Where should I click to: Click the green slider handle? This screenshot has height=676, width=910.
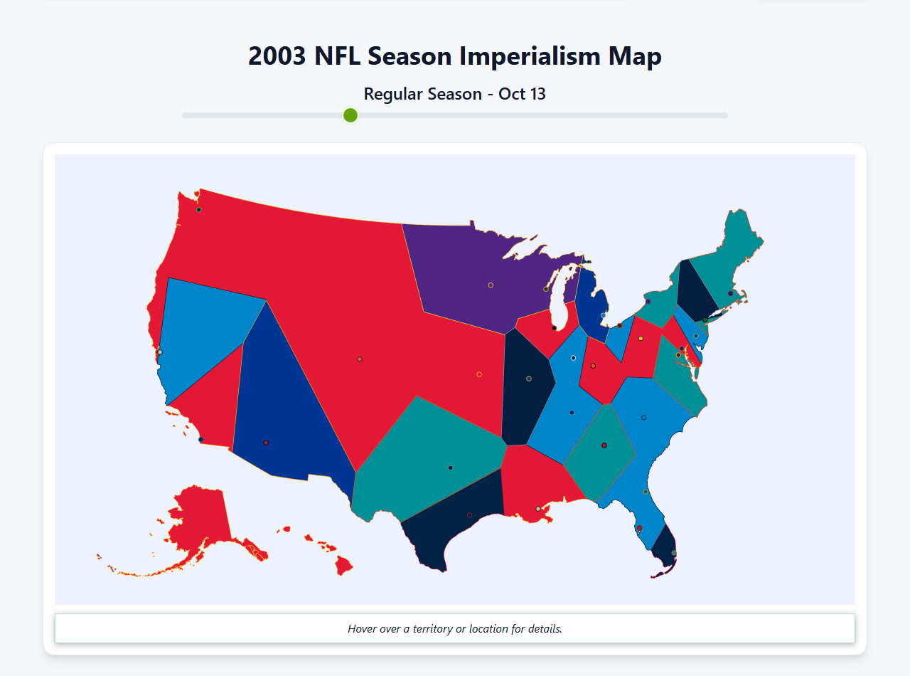[x=350, y=115]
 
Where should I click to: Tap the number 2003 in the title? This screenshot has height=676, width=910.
[x=277, y=56]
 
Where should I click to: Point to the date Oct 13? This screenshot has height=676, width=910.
[x=522, y=94]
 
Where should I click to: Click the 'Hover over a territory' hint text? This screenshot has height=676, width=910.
[x=455, y=629]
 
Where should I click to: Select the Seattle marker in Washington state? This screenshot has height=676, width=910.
[x=199, y=210]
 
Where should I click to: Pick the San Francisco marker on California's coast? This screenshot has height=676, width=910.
[x=160, y=352]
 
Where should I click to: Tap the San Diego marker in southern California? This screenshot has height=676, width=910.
[x=201, y=440]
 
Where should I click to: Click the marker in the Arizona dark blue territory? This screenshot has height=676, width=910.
[x=266, y=443]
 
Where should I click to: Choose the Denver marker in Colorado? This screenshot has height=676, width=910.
[x=360, y=359]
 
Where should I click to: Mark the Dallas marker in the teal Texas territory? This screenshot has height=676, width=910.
[x=451, y=468]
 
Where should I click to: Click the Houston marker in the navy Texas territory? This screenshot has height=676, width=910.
[x=469, y=515]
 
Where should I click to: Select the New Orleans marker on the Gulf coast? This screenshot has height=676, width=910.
[x=537, y=509]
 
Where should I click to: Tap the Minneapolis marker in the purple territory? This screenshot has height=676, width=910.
[x=491, y=285]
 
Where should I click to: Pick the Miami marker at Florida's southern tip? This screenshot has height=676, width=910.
[x=674, y=553]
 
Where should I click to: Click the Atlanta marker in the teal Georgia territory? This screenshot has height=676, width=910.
[x=604, y=445]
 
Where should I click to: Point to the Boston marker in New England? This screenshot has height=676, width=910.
[x=730, y=293]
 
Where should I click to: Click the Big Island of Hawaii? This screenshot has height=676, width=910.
[x=344, y=566]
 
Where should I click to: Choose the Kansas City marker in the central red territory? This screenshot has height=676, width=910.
[x=479, y=374]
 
